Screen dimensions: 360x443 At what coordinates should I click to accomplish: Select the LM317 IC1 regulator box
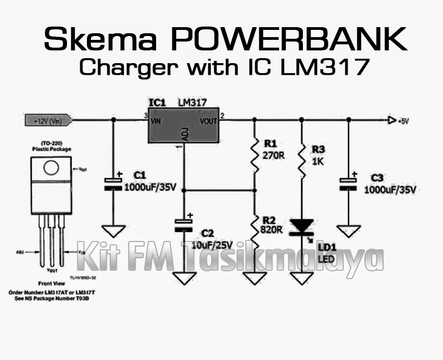[183, 125]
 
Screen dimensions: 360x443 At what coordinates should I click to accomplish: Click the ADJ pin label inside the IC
[184, 135]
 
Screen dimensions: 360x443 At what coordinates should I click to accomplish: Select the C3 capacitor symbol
[348, 183]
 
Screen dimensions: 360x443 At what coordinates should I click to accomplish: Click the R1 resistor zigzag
[254, 152]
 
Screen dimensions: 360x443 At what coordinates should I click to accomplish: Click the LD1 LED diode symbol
[302, 226]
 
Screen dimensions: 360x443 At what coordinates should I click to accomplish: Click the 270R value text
[274, 156]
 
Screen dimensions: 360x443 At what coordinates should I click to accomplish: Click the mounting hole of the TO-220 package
[52, 168]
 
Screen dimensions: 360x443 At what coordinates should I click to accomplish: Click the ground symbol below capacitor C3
[348, 230]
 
